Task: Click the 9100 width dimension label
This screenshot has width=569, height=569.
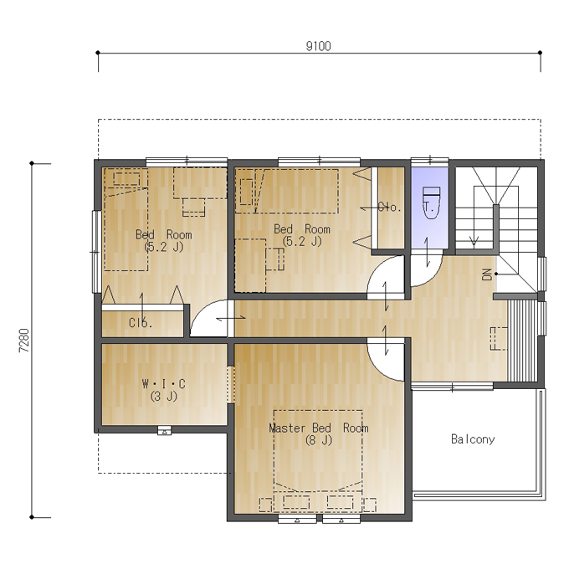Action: click(318, 47)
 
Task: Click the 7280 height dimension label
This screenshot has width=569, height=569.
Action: click(24, 341)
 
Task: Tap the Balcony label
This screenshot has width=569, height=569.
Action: click(473, 439)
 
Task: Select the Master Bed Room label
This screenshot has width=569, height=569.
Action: click(319, 428)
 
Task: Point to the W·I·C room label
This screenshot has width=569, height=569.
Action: click(164, 383)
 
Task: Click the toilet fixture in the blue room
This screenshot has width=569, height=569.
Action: click(431, 202)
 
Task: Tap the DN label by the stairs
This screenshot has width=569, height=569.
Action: click(487, 274)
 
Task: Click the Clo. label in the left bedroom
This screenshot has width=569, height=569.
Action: click(141, 323)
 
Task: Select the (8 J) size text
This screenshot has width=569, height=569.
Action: click(319, 440)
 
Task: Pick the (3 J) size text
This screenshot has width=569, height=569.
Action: click(164, 396)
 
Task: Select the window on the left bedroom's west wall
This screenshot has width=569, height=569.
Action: click(95, 252)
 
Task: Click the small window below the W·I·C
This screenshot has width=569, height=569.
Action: click(164, 431)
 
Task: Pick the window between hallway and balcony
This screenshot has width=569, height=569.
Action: click(452, 387)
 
